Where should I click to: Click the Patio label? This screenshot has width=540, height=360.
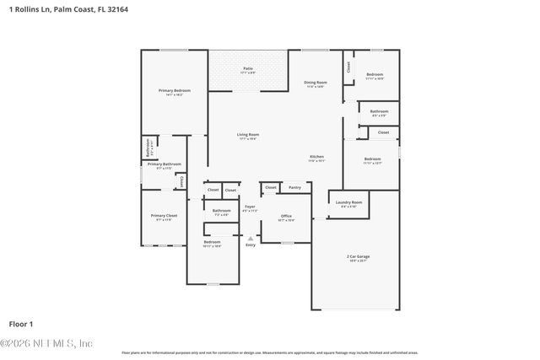point(248,68)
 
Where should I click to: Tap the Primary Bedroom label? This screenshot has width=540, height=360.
point(175,90)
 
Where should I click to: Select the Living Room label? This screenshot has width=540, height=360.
point(247,135)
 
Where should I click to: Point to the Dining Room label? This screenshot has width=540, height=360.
point(316,82)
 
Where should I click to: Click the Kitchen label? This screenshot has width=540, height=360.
point(316,157)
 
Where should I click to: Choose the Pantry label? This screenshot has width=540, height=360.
point(294,187)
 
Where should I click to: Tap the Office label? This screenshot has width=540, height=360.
point(286,216)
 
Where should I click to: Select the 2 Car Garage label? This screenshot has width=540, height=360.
point(358,255)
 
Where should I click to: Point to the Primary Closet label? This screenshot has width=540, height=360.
point(165,216)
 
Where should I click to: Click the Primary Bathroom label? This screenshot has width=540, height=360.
point(165,164)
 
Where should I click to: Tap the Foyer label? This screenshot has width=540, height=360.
point(251,207)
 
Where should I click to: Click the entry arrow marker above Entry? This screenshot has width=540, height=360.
point(251,237)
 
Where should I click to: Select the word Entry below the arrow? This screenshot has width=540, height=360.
point(251,244)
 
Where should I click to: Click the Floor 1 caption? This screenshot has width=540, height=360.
point(20,323)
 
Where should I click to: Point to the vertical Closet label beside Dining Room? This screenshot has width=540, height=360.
point(348,66)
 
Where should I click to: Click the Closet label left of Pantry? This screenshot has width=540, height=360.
point(271,187)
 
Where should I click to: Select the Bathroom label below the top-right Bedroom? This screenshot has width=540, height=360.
point(379,111)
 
